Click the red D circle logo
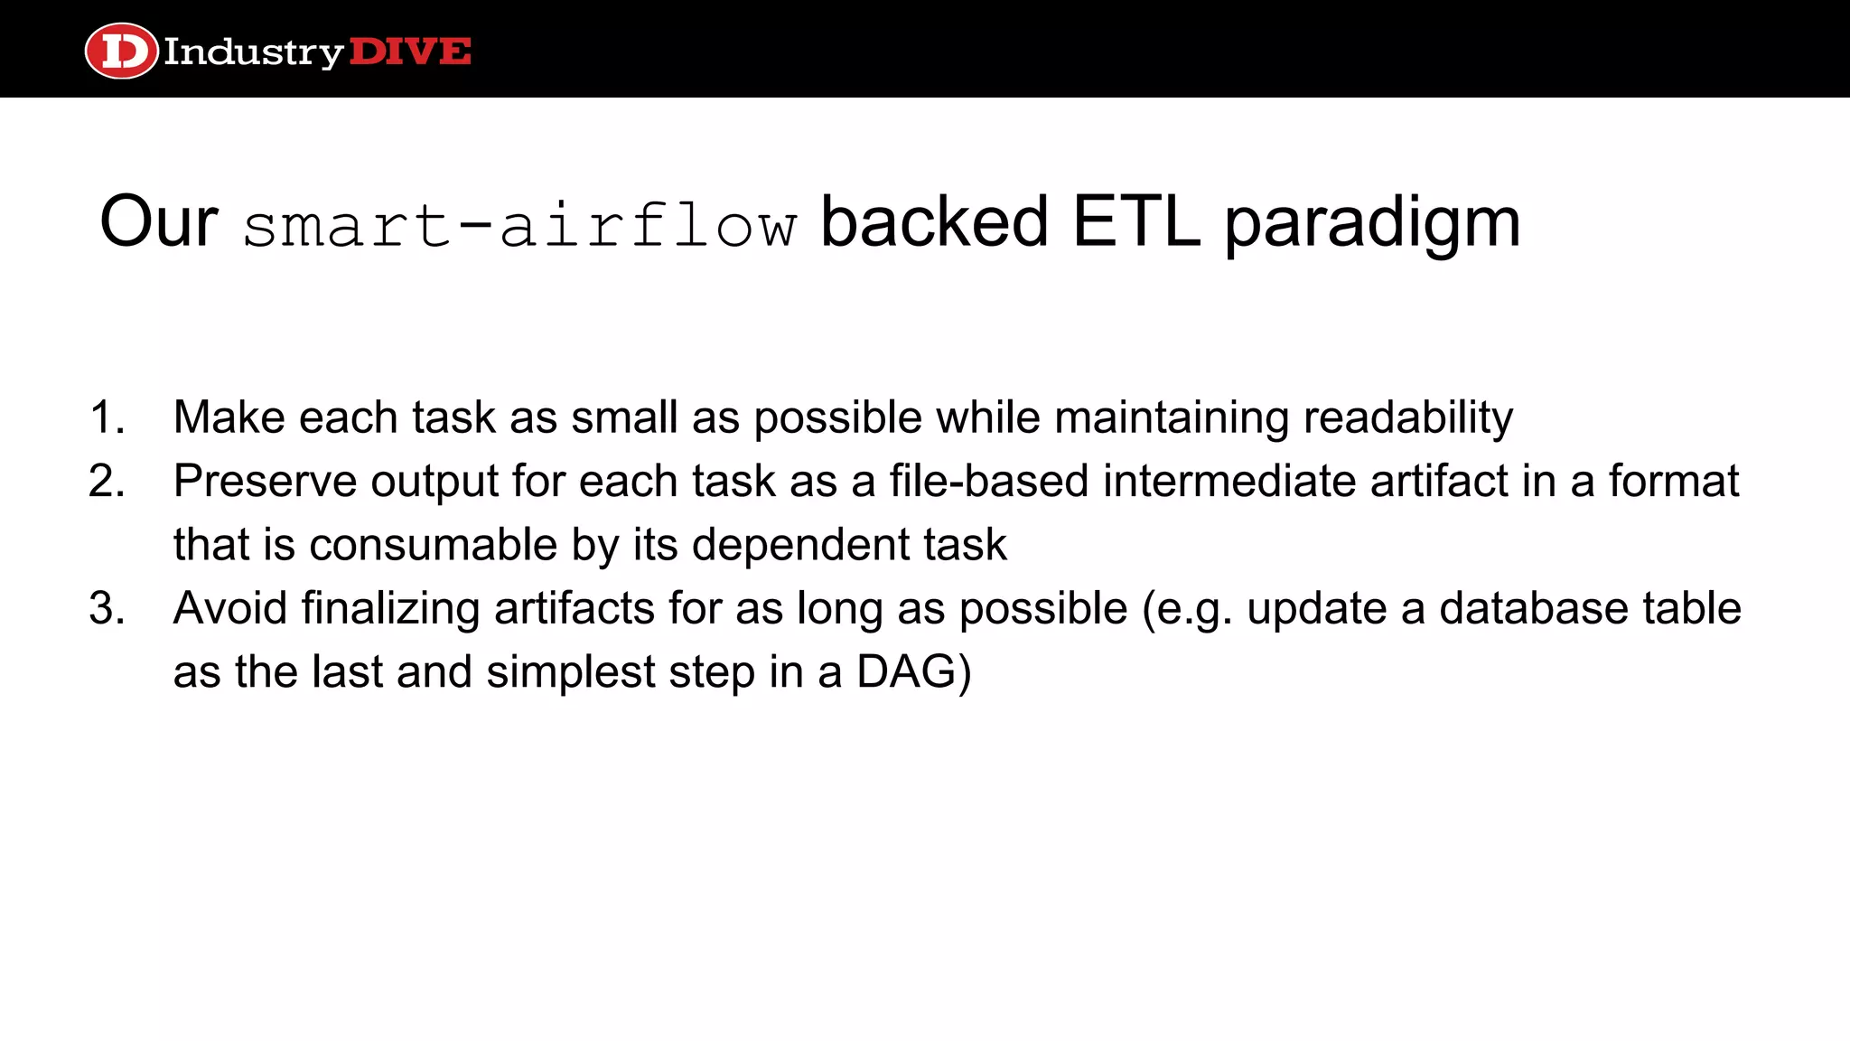[x=121, y=52]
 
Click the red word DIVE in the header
[x=409, y=52]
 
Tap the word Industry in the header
[x=253, y=52]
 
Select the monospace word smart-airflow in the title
[x=519, y=225]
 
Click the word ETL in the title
[x=1136, y=222]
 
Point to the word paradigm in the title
[x=1372, y=225]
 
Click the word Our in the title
[x=158, y=222]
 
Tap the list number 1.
[x=107, y=418]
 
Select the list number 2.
[x=107, y=482]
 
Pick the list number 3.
[x=107, y=608]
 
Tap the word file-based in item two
[x=988, y=482]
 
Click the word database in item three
[x=1533, y=608]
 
